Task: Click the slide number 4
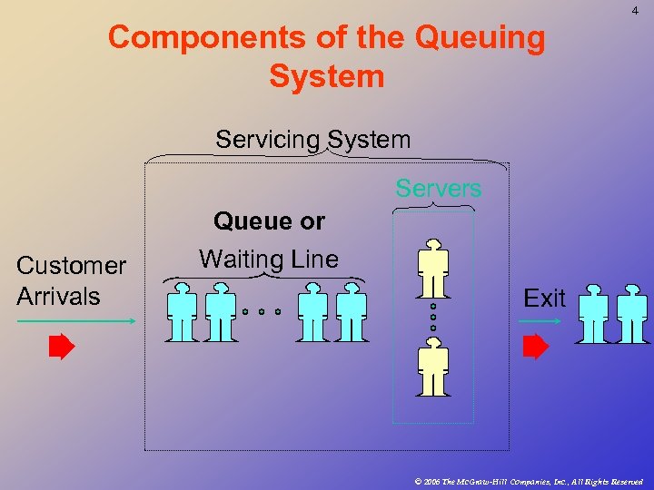click(634, 11)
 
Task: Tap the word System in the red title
click(327, 76)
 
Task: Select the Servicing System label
click(312, 140)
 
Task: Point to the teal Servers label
click(438, 189)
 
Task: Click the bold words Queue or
click(269, 221)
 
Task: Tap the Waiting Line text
click(269, 260)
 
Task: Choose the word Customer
click(71, 266)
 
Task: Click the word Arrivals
click(58, 297)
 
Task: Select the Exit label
click(544, 299)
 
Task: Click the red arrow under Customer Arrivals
click(62, 347)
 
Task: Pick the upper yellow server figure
click(432, 270)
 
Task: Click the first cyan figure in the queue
click(183, 312)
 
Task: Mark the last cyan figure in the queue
click(351, 312)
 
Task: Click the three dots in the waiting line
click(262, 311)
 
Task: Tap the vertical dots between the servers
click(433, 318)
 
